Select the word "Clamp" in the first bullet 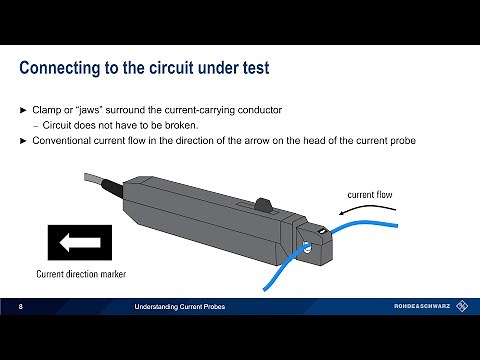[x=52, y=108]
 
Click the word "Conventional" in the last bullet [x=66, y=140]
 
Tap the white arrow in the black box [x=75, y=242]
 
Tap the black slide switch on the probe [x=264, y=205]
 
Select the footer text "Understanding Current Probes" [x=181, y=304]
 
